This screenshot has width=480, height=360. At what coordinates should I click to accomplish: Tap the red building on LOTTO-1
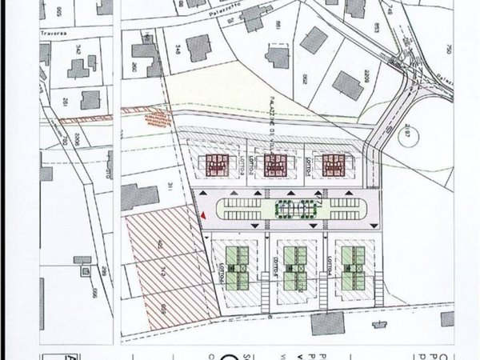[332, 165]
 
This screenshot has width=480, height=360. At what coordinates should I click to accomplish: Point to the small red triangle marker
[205, 214]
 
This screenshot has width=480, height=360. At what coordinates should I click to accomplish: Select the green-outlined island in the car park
[292, 210]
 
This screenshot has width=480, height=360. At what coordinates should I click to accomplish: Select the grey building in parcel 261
[90, 100]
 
